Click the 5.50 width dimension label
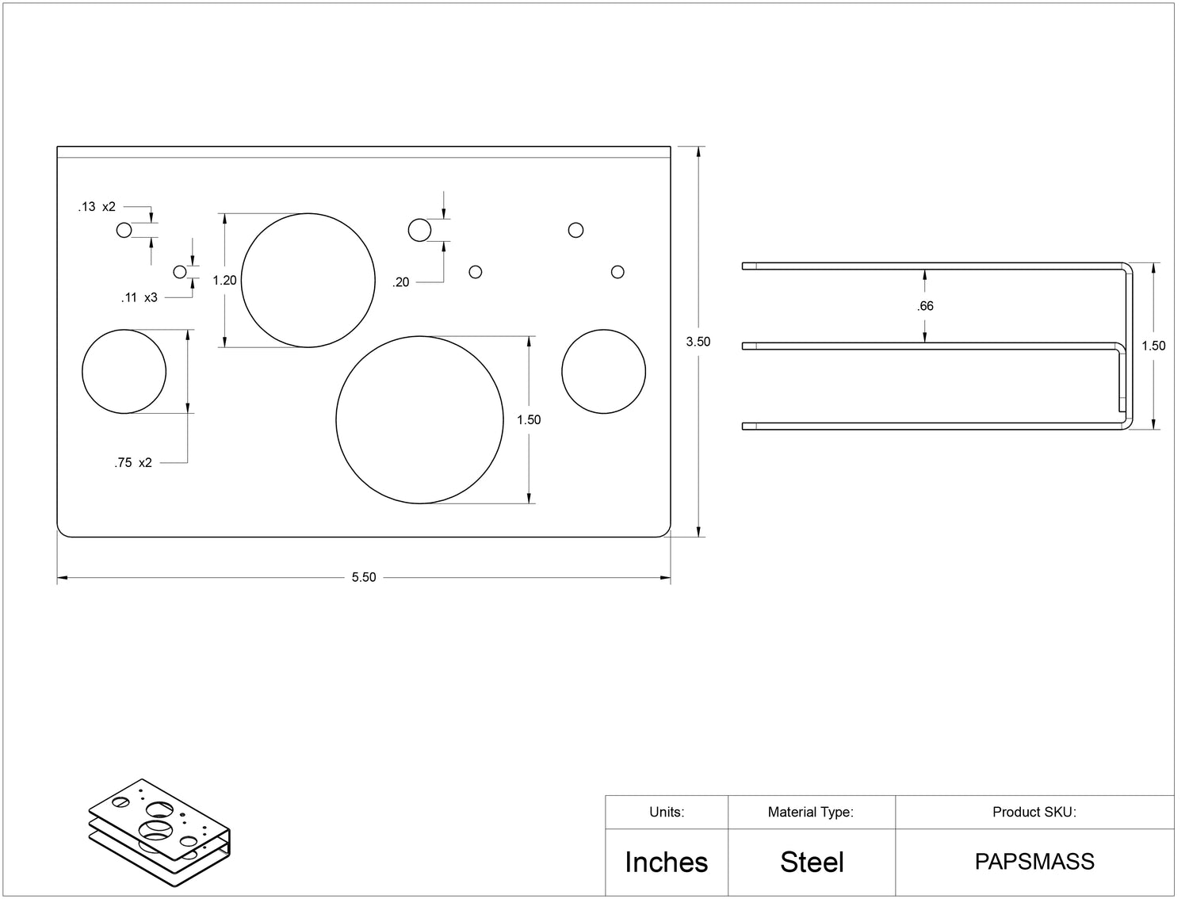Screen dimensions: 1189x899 [364, 577]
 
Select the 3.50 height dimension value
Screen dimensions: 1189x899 [698, 342]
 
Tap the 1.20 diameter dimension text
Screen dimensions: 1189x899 [224, 281]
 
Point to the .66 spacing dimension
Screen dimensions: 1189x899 [925, 307]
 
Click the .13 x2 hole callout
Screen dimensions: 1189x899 [97, 207]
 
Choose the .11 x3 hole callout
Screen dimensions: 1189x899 [140, 298]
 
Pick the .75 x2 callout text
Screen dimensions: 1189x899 [133, 463]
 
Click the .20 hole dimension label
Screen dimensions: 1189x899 [401, 282]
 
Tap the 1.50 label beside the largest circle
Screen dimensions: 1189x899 [529, 419]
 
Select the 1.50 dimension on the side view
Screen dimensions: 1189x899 [1153, 346]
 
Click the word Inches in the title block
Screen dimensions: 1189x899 [667, 863]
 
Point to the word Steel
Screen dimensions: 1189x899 [812, 863]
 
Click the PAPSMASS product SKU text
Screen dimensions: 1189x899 [1034, 862]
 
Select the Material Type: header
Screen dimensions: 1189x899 [811, 813]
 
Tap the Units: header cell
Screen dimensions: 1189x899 [667, 813]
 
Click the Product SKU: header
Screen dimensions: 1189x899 [1034, 813]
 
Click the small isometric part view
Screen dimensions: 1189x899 [159, 833]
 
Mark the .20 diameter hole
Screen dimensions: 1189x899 [419, 230]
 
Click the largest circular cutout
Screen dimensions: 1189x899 [419, 419]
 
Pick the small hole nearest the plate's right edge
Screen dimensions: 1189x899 [617, 272]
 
